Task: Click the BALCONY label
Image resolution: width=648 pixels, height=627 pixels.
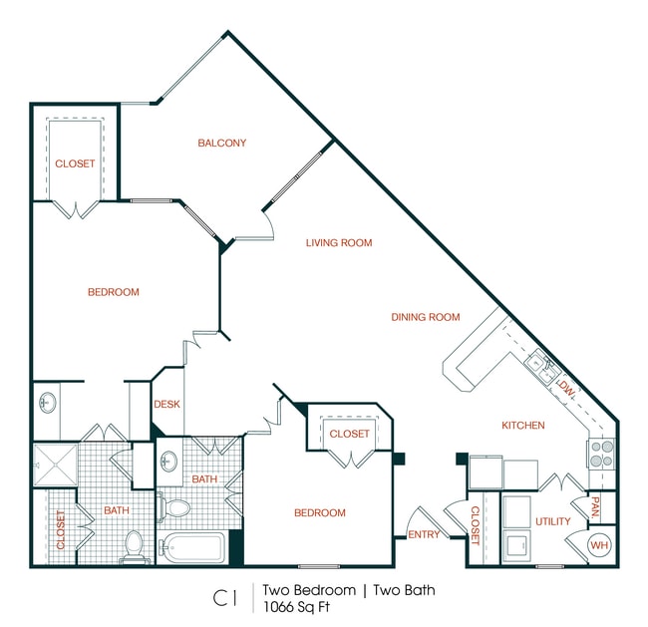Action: coord(221,143)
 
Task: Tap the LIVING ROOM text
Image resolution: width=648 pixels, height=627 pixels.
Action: coord(338,242)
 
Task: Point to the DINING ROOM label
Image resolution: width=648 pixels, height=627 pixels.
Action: coord(425,317)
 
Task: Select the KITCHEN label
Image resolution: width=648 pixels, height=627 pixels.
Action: coord(522,426)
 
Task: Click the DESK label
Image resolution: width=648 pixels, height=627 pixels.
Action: coord(166,404)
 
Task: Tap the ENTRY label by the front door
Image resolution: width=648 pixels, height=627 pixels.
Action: coord(424,535)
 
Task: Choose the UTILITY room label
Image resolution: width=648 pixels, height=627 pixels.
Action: coord(552,521)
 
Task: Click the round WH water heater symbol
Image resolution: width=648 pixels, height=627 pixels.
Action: coord(598,545)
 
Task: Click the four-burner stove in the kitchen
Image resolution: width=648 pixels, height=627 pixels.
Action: coord(601,454)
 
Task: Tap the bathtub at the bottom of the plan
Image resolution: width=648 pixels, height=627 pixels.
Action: coord(193,548)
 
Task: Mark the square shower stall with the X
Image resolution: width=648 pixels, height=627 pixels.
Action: coord(55,464)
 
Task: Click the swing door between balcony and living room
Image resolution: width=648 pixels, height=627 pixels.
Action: coord(267,225)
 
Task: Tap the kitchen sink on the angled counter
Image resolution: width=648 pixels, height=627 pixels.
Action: coord(540,365)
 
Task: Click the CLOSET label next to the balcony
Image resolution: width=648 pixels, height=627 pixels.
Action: coord(75,163)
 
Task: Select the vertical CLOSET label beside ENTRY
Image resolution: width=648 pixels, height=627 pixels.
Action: coord(475,525)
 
